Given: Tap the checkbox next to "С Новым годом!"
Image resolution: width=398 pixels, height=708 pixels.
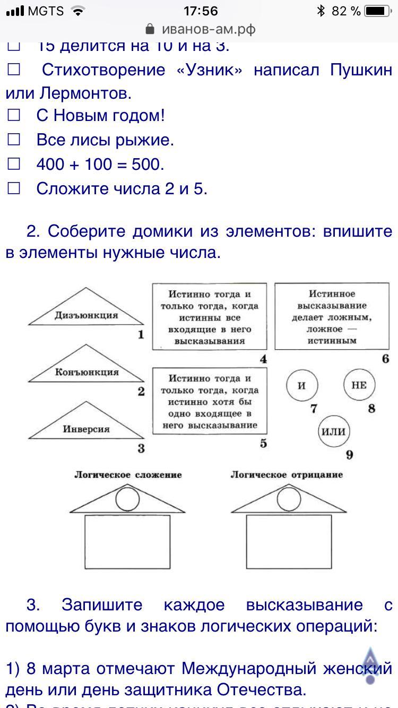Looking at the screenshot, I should (x=14, y=115).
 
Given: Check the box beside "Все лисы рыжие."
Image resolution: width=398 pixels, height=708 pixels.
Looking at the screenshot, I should (x=14, y=140).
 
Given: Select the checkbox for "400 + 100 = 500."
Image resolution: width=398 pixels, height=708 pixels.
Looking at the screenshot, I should (x=14, y=164).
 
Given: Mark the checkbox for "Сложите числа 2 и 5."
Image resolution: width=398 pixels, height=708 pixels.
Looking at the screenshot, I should (x=14, y=188).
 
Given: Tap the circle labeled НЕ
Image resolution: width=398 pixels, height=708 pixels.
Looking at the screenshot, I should (x=359, y=385).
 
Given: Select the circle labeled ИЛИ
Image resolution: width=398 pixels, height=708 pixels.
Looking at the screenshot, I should (x=334, y=431).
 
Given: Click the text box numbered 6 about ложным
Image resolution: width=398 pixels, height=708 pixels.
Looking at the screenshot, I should (x=332, y=317).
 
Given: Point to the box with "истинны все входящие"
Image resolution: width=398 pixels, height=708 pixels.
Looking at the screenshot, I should (x=210, y=317).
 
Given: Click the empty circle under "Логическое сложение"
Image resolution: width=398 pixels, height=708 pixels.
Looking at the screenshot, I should (x=128, y=498).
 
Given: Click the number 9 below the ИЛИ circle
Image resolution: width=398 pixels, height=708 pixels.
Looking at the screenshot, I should (x=349, y=455).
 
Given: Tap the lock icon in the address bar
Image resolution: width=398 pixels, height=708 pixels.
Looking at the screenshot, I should (x=150, y=29).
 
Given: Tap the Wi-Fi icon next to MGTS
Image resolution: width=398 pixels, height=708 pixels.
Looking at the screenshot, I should (x=78, y=11).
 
